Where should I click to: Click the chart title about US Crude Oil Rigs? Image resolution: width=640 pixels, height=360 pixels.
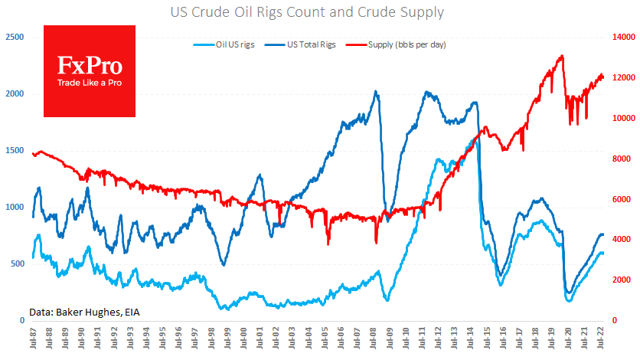click(x=319, y=12)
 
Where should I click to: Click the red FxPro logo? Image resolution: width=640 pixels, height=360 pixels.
click(x=89, y=71)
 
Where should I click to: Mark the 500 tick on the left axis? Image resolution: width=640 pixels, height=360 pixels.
click(x=17, y=263)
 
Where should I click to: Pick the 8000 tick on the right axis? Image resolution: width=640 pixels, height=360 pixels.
click(x=622, y=159)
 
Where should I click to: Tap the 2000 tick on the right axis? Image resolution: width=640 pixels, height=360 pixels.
click(x=622, y=280)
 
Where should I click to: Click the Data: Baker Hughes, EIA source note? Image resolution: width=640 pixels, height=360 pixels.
click(x=85, y=311)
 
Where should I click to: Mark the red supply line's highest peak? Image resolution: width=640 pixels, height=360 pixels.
click(x=563, y=56)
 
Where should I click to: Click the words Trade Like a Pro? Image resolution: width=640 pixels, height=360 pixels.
click(x=89, y=83)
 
